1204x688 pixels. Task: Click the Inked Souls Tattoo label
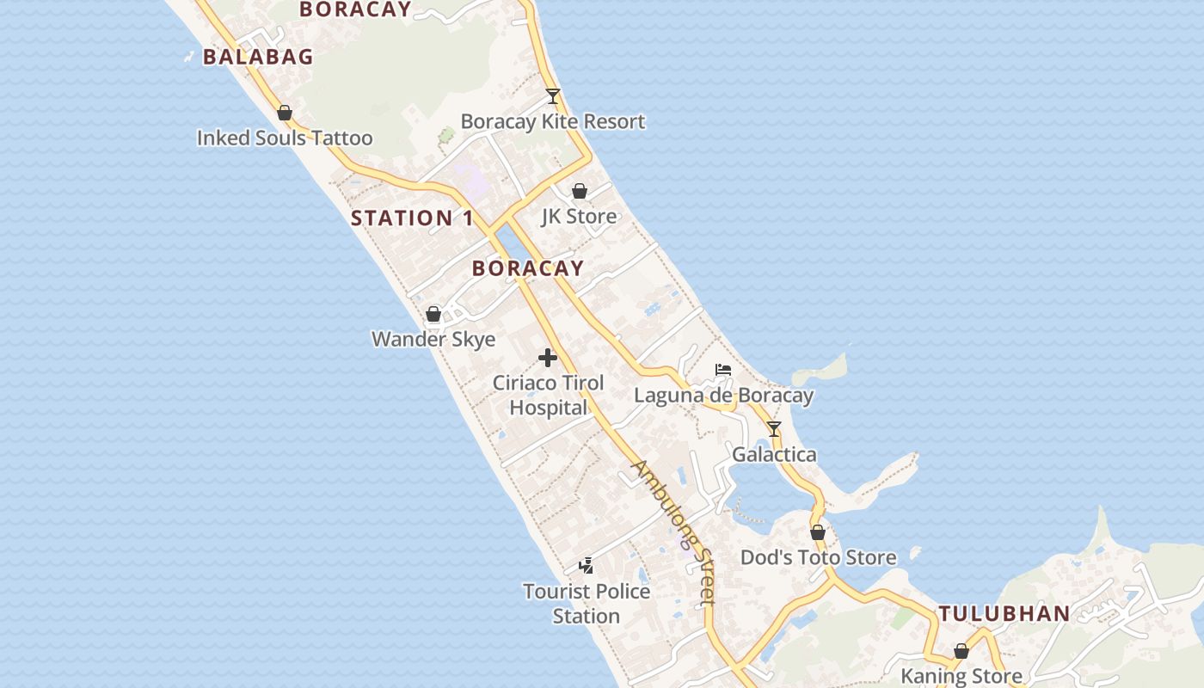click(x=285, y=138)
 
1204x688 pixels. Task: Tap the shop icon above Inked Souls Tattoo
click(x=285, y=113)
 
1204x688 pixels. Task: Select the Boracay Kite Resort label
click(x=553, y=121)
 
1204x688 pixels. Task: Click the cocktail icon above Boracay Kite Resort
click(x=553, y=96)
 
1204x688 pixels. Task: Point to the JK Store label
click(x=579, y=216)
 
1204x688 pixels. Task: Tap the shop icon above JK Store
click(x=580, y=191)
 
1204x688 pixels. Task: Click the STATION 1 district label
click(x=412, y=218)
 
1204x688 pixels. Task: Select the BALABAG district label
click(x=258, y=57)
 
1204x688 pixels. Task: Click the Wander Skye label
click(x=433, y=339)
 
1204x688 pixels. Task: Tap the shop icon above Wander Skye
click(x=433, y=314)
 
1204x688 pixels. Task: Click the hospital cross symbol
click(x=548, y=358)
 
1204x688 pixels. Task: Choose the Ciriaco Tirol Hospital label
click(x=549, y=395)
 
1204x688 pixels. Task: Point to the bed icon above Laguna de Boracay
click(x=723, y=371)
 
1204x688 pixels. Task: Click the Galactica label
click(x=774, y=454)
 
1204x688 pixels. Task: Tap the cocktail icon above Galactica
click(x=774, y=429)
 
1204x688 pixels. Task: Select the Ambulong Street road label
click(x=674, y=533)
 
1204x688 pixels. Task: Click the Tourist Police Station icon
click(x=587, y=566)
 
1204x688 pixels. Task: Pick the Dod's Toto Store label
click(x=818, y=557)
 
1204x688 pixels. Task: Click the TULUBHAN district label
click(x=1004, y=614)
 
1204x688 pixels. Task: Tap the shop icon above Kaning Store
click(x=961, y=652)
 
